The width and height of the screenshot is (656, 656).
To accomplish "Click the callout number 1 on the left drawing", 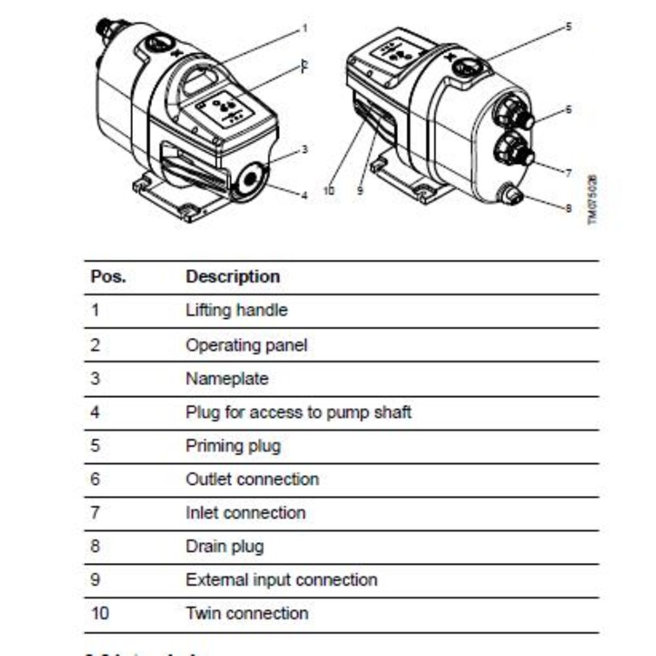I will click(x=304, y=29).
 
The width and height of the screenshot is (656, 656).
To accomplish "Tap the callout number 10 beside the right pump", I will click(x=329, y=190).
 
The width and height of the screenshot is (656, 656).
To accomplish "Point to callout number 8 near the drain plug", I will click(x=569, y=208).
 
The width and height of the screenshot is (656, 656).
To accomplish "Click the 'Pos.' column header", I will click(x=108, y=277).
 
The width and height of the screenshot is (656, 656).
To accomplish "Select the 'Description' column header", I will click(x=233, y=277).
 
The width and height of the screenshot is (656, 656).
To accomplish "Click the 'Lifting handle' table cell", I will click(x=236, y=310).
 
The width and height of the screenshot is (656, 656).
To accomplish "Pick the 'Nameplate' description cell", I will click(x=226, y=379).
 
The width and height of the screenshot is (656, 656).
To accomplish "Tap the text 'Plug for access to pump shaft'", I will click(x=298, y=413).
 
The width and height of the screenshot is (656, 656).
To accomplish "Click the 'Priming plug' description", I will click(x=233, y=446).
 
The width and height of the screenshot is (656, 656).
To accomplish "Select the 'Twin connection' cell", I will click(x=247, y=614).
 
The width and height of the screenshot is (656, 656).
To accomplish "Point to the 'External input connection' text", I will click(x=281, y=580).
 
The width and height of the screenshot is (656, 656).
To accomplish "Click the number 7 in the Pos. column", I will click(x=96, y=512).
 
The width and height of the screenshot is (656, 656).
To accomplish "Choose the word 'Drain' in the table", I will click(x=205, y=546).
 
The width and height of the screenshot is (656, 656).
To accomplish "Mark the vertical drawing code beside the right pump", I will click(x=592, y=199).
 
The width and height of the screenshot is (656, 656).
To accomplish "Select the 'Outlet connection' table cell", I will click(x=252, y=480).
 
